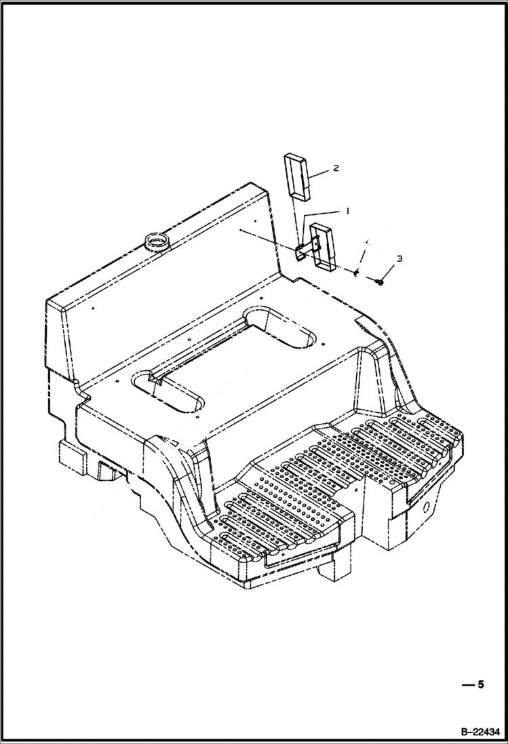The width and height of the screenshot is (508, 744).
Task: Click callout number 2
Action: pyautogui.click(x=336, y=168)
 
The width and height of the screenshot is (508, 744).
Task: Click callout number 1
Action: pyautogui.click(x=347, y=211)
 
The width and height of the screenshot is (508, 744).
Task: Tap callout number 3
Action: pyautogui.click(x=399, y=258)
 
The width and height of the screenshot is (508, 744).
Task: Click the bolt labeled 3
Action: pyautogui.click(x=379, y=281)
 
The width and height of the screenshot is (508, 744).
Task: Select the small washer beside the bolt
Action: pyautogui.click(x=357, y=273)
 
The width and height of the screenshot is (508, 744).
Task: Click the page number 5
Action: pyautogui.click(x=481, y=684)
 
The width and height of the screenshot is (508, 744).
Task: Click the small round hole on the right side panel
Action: pyautogui.click(x=428, y=507)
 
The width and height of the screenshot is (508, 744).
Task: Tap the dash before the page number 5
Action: pyautogui.click(x=467, y=685)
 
